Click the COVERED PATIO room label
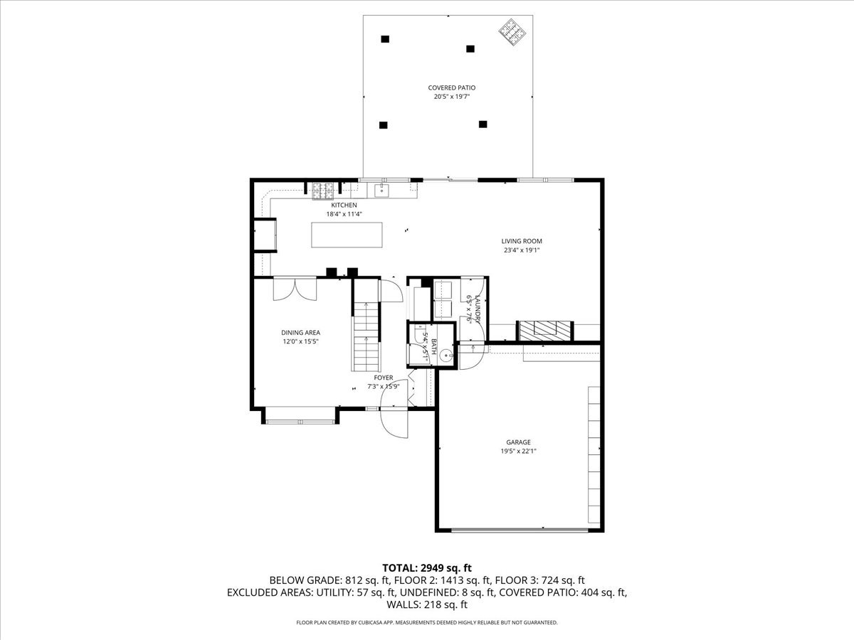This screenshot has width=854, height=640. (451, 88)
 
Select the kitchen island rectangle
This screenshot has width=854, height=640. (346, 235)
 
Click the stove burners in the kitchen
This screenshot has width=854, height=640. (323, 191)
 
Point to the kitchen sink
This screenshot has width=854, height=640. (381, 190)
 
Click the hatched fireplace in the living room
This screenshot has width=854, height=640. (544, 330)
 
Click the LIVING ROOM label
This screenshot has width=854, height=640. (522, 241)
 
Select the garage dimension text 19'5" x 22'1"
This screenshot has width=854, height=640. (518, 451)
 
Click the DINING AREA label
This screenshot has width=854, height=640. (300, 332)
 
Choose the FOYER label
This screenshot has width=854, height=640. (383, 378)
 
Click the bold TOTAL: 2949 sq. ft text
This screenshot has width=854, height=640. (427, 567)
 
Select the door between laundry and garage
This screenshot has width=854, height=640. (470, 356)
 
